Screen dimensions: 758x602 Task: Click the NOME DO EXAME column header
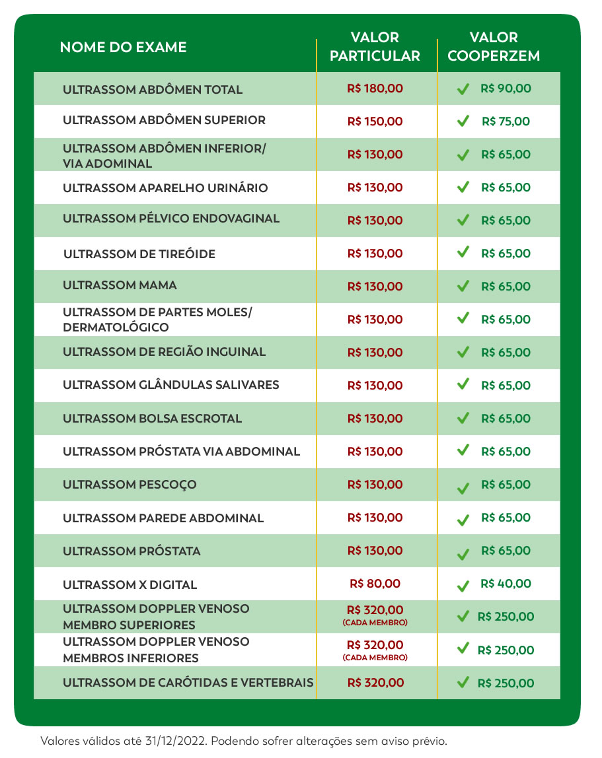123,47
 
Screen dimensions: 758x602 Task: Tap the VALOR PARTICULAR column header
375,47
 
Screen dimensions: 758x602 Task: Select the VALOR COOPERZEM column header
494,47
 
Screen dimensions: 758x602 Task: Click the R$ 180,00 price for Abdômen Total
375,88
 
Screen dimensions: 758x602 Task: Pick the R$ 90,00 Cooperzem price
506,88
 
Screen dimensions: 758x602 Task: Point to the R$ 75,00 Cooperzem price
506,121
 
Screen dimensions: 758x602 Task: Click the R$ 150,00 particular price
375,121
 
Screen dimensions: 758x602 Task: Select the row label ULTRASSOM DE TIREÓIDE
139,254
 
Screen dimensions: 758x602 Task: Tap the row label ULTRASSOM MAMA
120,285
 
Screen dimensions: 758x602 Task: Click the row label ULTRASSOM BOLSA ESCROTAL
152,419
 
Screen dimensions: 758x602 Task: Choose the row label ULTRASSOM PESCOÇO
130,485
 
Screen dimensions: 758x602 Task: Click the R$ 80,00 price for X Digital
375,584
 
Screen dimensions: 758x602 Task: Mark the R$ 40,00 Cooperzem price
506,584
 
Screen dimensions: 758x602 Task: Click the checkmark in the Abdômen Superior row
463,121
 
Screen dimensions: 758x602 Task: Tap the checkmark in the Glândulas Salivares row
463,384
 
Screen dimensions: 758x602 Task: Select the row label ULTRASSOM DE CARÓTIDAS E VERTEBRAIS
188,683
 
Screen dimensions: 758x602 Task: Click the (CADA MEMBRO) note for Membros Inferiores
375,658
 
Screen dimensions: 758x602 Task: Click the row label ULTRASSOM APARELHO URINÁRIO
165,188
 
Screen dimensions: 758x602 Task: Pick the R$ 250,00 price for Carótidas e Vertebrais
506,683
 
